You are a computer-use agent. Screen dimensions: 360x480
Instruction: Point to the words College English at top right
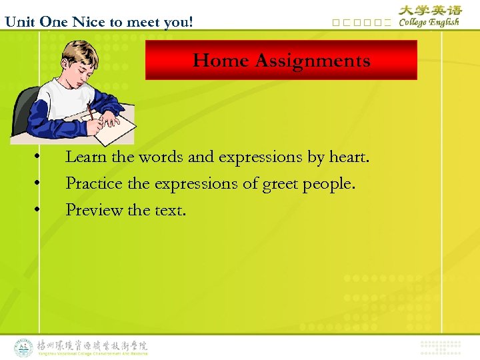point(429,22)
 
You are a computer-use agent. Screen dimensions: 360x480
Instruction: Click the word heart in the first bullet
point(347,157)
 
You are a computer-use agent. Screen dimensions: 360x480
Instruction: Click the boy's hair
point(75,53)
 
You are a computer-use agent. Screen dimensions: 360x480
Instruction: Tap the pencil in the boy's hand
point(89,111)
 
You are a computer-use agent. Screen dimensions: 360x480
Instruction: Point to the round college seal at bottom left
point(24,347)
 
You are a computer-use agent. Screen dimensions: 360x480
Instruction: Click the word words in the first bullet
point(163,157)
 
